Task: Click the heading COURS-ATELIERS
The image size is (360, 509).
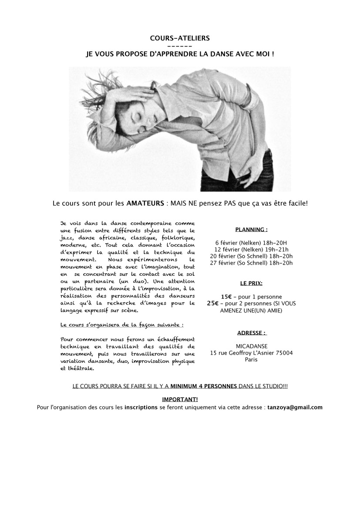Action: pyautogui.click(x=180, y=38)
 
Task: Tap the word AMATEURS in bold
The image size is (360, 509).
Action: pyautogui.click(x=143, y=203)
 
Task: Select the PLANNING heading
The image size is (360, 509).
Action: pyautogui.click(x=251, y=229)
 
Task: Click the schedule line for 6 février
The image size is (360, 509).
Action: pyautogui.click(x=251, y=242)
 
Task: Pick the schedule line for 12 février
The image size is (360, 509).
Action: pyautogui.click(x=251, y=249)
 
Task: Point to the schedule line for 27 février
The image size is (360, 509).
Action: pyautogui.click(x=251, y=263)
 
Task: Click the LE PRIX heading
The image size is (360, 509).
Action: pyautogui.click(x=251, y=283)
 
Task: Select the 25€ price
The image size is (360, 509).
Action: pyautogui.click(x=213, y=303)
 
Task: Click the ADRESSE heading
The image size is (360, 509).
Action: pyautogui.click(x=252, y=333)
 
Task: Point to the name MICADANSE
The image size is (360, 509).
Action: pyautogui.click(x=251, y=346)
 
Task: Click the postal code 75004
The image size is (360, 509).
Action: pyautogui.click(x=284, y=353)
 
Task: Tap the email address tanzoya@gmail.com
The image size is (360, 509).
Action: pyautogui.click(x=296, y=408)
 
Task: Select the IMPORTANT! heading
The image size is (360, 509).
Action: pyautogui.click(x=180, y=399)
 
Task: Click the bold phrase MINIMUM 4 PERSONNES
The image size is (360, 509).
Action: pyautogui.click(x=204, y=386)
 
